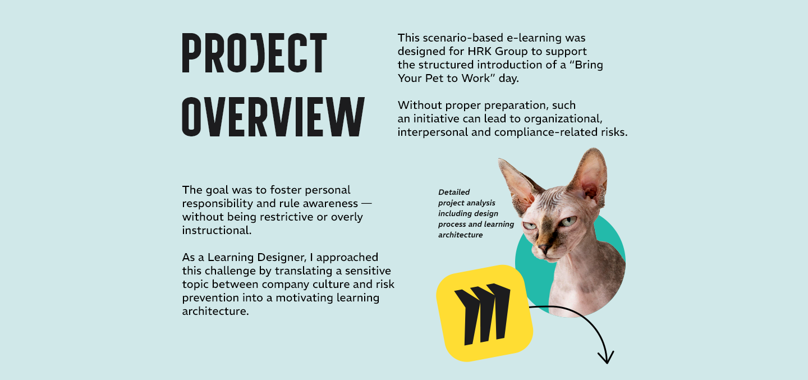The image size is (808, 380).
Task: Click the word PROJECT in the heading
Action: pos(254,53)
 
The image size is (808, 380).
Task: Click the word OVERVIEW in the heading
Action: pos(273,117)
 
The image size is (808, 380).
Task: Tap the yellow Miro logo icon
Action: pos(484,313)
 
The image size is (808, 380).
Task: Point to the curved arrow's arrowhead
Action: pos(606,357)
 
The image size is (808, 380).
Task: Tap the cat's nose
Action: pos(543,248)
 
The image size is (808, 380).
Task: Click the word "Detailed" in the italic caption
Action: pos(454,192)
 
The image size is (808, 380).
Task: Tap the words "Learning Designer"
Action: pos(257,258)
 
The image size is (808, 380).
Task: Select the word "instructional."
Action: pos(217,230)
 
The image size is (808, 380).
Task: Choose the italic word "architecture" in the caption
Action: pos(460,235)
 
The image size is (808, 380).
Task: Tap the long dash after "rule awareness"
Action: pos(366,204)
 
